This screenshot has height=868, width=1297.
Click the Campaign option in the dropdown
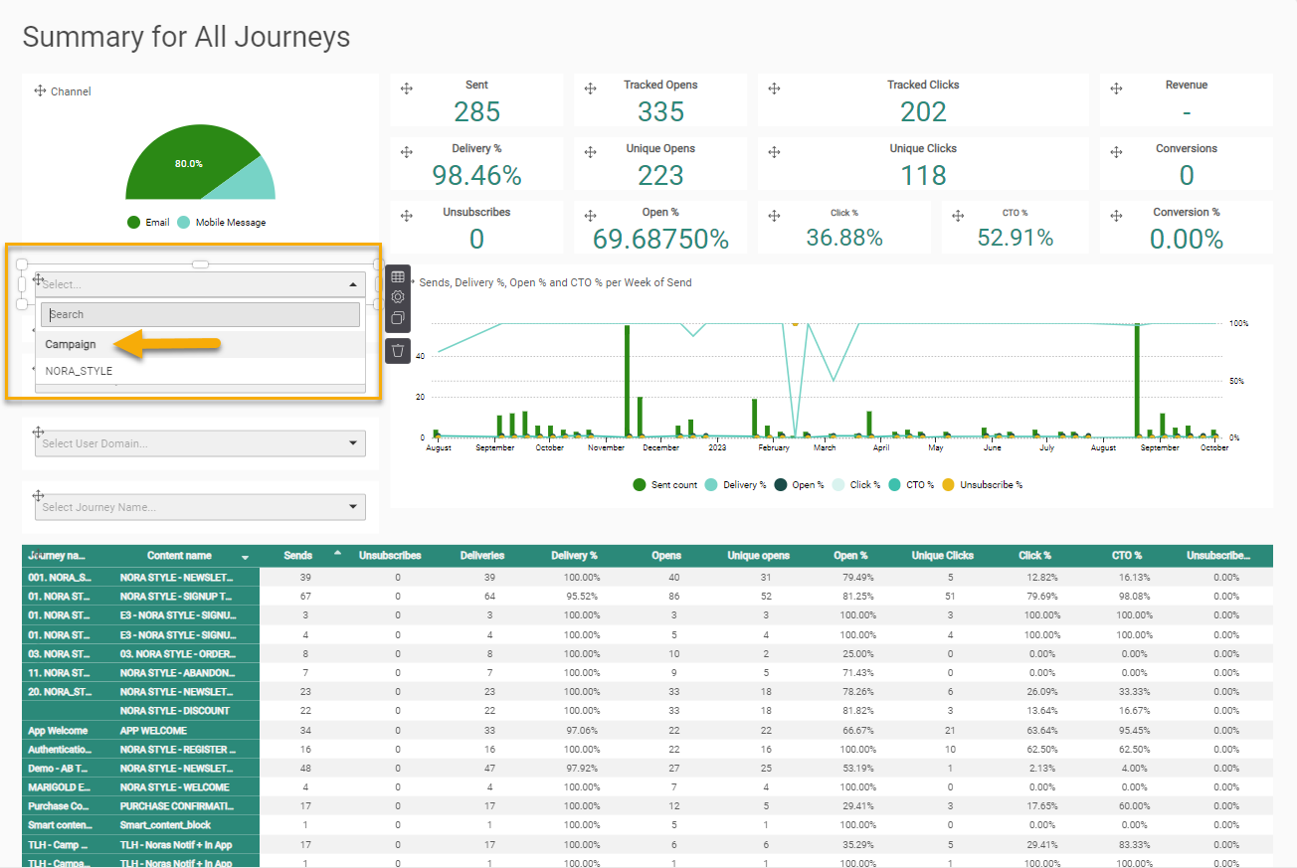(72, 345)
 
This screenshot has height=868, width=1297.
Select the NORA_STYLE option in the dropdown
(80, 372)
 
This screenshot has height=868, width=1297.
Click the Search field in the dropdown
(200, 314)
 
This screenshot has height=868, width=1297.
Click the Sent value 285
(476, 111)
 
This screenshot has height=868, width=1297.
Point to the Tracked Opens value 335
(660, 111)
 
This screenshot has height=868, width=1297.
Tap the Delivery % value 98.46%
(476, 175)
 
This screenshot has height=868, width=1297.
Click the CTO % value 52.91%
(1015, 238)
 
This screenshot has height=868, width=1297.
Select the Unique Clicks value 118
(923, 175)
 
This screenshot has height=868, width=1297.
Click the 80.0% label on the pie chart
(189, 163)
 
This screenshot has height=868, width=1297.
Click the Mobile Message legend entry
(230, 223)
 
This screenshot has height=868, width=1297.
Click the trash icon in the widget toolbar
(398, 350)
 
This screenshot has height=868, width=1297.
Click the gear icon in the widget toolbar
(398, 297)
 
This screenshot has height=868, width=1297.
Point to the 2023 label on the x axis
(717, 448)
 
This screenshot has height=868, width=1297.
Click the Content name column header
(179, 556)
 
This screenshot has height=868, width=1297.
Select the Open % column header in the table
(850, 556)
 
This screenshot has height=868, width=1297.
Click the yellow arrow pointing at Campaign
(166, 344)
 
